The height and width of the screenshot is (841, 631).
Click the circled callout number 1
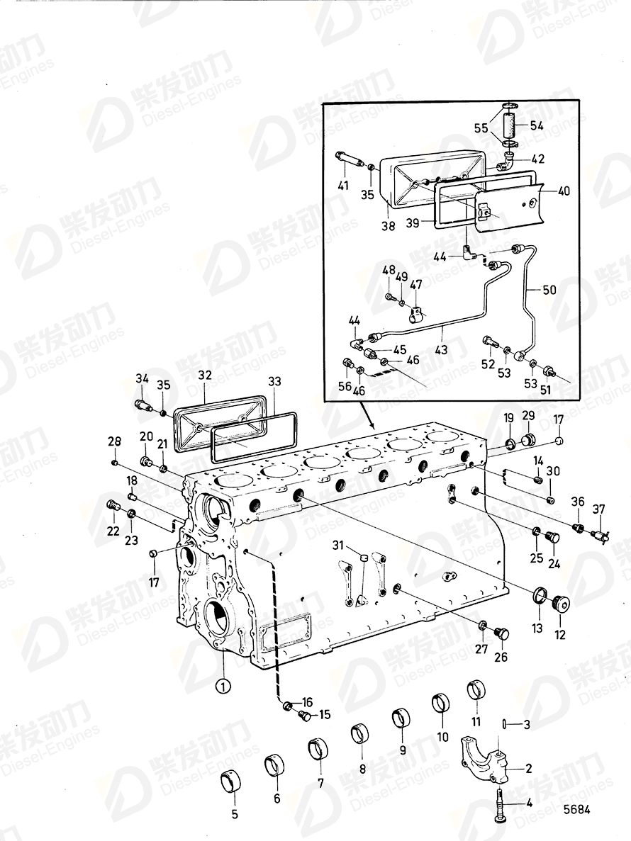click(223, 685)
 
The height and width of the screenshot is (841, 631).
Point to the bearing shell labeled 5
click(232, 779)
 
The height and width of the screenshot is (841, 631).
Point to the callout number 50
click(549, 290)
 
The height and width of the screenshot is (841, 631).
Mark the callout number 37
click(600, 509)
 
